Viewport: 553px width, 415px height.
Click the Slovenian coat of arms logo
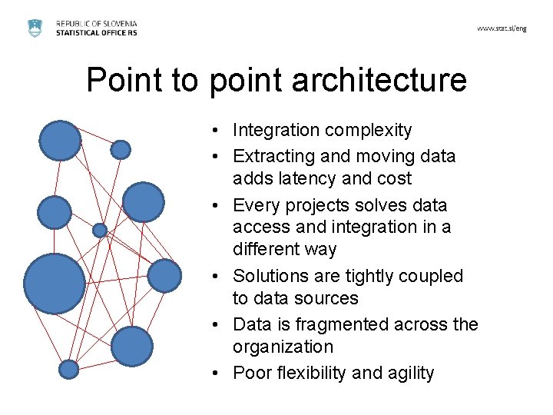35,28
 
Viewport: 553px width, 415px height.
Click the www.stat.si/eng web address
502,28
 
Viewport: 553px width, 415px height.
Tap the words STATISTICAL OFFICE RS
97,34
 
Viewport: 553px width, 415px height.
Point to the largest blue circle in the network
54,284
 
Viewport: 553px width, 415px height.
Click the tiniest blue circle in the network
100,230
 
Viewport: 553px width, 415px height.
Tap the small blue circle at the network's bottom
69,370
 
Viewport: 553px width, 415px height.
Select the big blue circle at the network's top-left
60,141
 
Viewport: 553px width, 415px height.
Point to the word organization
283,347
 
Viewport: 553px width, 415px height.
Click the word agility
408,373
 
